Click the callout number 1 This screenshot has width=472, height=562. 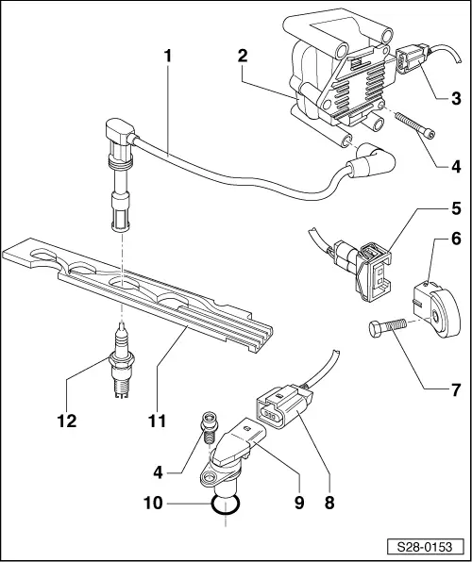(x=167, y=57)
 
